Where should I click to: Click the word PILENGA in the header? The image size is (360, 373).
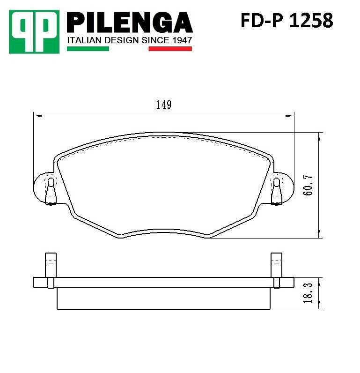coord(130,22)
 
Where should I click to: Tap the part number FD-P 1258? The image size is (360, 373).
coord(287,21)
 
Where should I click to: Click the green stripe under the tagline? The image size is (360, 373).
coord(88,48)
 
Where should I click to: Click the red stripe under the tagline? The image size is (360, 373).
coord(170,48)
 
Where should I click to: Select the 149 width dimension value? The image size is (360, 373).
coord(163,105)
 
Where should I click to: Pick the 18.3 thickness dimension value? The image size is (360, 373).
coord(308,293)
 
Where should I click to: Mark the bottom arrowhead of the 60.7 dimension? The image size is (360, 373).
coord(319,235)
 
